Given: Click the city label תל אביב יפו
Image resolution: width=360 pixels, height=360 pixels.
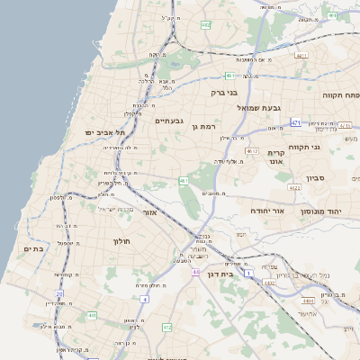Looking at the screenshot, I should coord(102,132).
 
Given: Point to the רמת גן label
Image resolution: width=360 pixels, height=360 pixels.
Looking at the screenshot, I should coord(206,125).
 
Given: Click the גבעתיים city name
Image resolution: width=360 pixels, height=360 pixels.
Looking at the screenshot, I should coord(169,121).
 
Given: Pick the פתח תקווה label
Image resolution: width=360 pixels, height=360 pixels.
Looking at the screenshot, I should coord(341,94).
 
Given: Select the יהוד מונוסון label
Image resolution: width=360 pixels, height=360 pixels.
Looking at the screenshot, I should coord(332,211).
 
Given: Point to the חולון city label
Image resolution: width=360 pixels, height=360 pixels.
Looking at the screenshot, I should coord(121,241).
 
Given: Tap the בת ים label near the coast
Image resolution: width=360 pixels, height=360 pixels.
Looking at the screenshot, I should coord(33,248).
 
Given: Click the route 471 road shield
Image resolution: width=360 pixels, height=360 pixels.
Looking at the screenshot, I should coord(296,121).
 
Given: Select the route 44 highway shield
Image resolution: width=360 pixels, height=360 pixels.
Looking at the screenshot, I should coord(195,271).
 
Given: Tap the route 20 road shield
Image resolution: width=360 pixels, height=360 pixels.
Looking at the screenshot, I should coord(59,293).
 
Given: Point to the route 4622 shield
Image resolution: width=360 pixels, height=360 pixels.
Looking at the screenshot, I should coord(294,188).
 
